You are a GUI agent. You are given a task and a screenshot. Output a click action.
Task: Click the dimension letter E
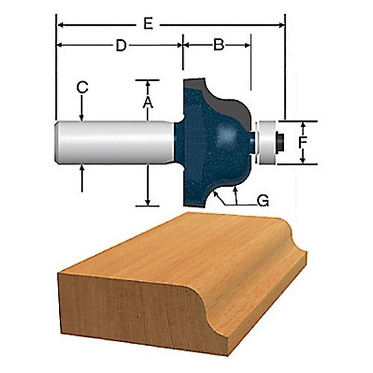pyautogui.click(x=148, y=25)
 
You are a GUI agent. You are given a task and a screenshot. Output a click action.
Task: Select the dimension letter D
pyautogui.click(x=121, y=46)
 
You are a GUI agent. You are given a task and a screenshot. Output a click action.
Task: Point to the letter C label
pyautogui.click(x=82, y=88)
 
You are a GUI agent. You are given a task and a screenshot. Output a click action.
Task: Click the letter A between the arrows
pyautogui.click(x=148, y=102)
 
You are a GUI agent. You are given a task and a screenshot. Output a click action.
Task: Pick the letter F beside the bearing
pyautogui.click(x=303, y=142)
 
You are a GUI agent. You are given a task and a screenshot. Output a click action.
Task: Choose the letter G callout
pyautogui.click(x=263, y=201)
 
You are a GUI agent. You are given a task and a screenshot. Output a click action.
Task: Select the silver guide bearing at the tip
pyautogui.click(x=267, y=142)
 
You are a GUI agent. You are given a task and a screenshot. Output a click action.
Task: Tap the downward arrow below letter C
pyautogui.click(x=82, y=118)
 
